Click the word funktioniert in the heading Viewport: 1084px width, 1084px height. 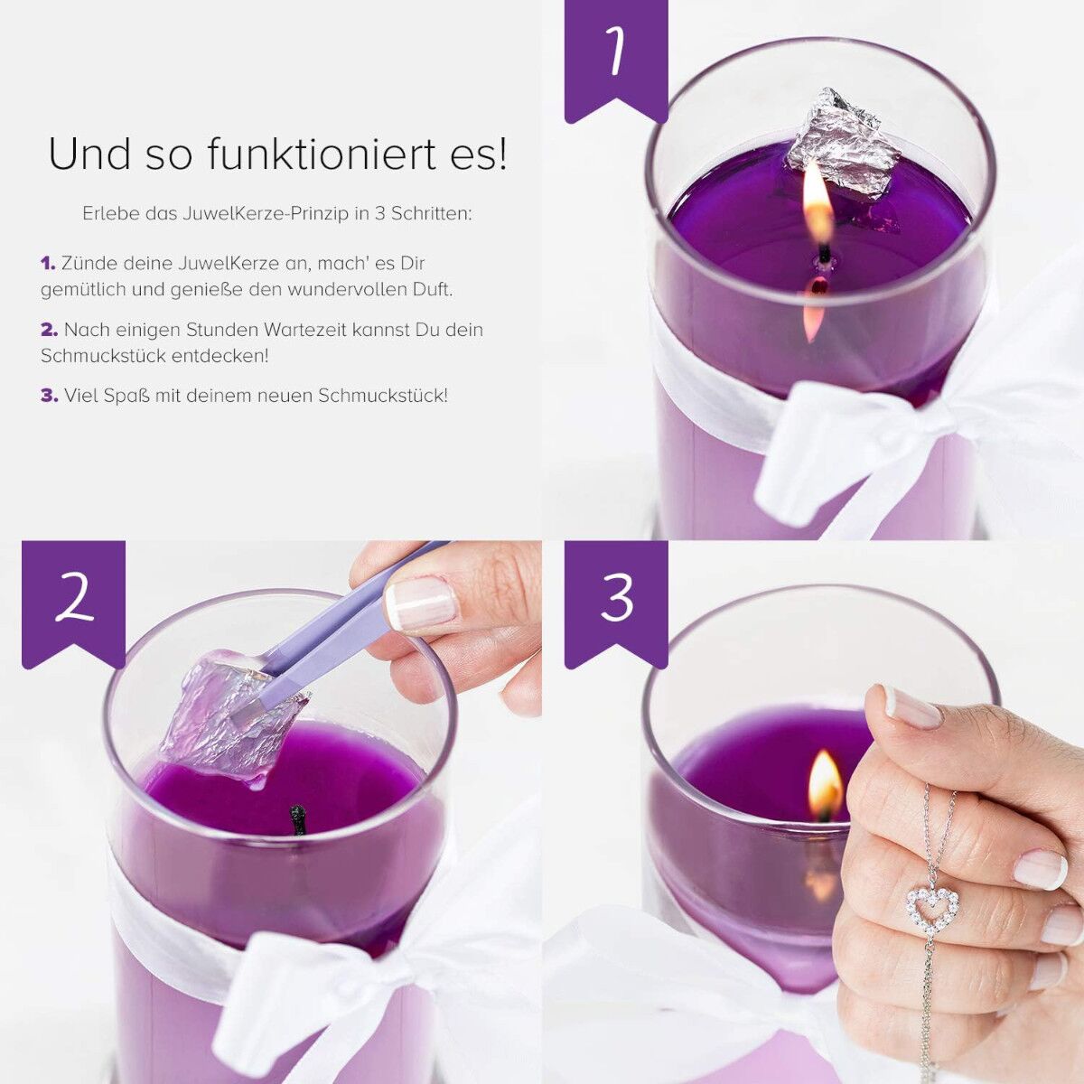(322, 154)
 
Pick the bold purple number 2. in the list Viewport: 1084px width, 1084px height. (50, 330)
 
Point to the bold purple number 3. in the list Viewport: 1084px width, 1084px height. (50, 396)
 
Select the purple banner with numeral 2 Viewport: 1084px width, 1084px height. (74, 603)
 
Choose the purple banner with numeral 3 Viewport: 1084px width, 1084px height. (616, 603)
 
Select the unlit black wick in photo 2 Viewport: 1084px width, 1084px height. (297, 821)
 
